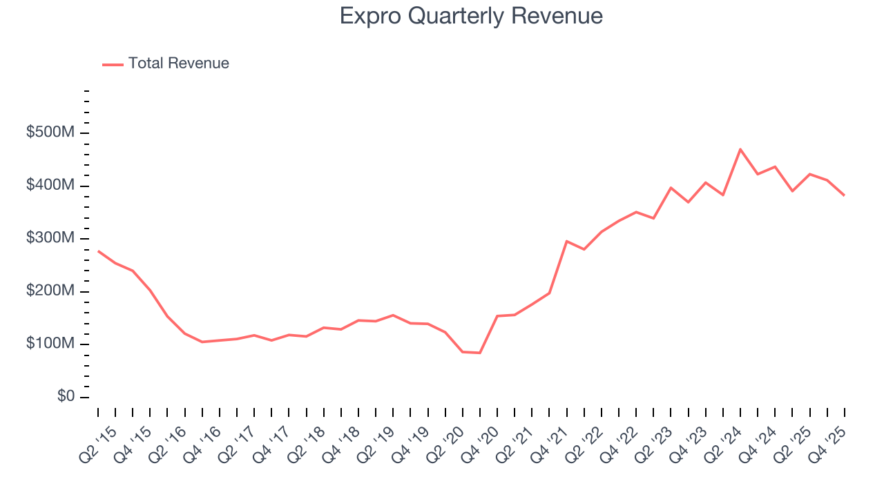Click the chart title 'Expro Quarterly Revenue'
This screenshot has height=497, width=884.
[471, 16]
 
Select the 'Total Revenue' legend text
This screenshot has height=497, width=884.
[178, 64]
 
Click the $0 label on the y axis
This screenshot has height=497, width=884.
[66, 397]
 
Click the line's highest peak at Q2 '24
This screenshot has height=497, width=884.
[740, 149]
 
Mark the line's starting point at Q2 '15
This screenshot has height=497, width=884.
[98, 251]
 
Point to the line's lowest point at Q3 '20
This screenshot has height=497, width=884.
[480, 353]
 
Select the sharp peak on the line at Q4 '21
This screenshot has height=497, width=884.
[566, 241]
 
